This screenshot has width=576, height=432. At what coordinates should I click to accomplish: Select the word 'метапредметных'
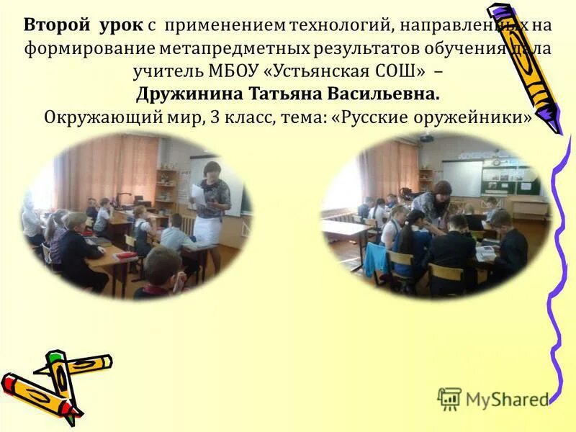(x=246, y=49)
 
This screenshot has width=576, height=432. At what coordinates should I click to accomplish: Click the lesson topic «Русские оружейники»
(x=433, y=117)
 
